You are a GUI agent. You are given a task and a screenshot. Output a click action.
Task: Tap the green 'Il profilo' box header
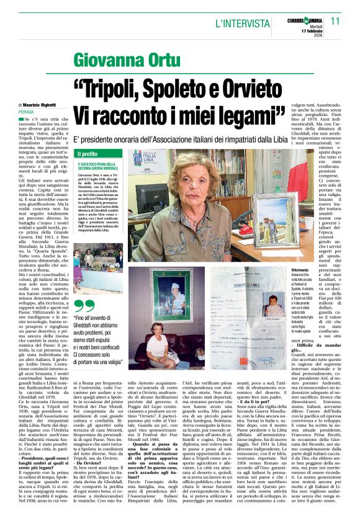pos(87,154)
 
